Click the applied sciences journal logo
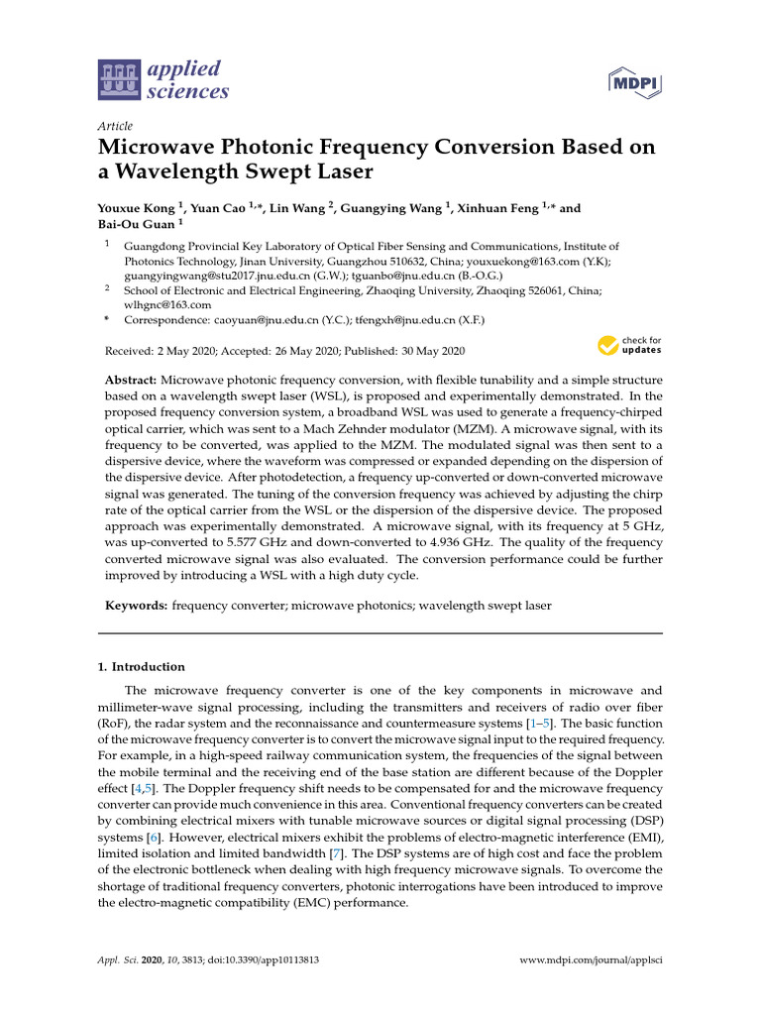tap(164, 80)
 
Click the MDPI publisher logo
tap(633, 82)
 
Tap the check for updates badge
tap(629, 346)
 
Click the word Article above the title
tap(115, 126)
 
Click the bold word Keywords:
tap(137, 605)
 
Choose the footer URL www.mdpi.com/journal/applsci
tap(592, 961)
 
